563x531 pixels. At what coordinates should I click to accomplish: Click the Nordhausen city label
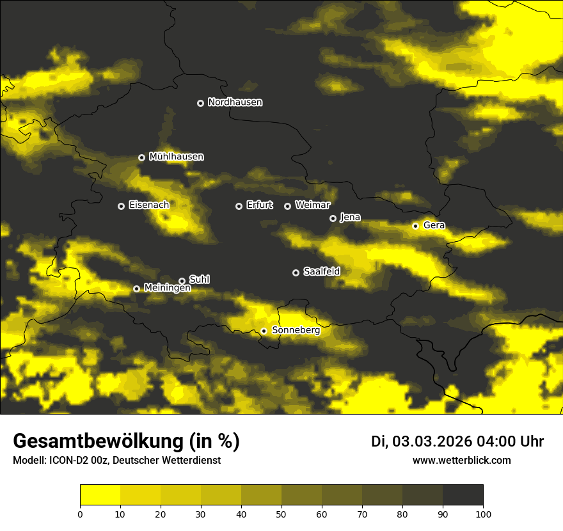pyautogui.click(x=235, y=102)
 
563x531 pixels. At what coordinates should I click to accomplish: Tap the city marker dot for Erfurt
pyautogui.click(x=239, y=206)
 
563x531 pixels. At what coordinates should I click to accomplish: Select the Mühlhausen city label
pyautogui.click(x=176, y=157)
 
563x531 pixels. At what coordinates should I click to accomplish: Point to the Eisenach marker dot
pyautogui.click(x=121, y=206)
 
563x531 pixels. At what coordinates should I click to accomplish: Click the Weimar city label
pyautogui.click(x=312, y=205)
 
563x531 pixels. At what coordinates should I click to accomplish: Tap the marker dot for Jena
pyautogui.click(x=333, y=218)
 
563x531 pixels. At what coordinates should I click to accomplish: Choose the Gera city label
pyautogui.click(x=434, y=225)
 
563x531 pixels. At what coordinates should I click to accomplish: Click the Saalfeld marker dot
pyautogui.click(x=296, y=273)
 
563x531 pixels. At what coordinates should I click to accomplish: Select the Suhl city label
pyautogui.click(x=199, y=280)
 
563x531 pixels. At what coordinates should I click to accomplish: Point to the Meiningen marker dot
pyautogui.click(x=136, y=289)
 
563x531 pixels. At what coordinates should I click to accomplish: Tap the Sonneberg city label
pyautogui.click(x=296, y=330)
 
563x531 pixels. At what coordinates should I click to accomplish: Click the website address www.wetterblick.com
pyautogui.click(x=461, y=460)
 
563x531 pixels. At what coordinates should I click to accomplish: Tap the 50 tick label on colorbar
pyautogui.click(x=281, y=514)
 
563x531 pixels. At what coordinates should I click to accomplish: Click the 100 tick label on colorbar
pyautogui.click(x=483, y=514)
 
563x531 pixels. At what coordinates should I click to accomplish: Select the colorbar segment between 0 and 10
pyautogui.click(x=100, y=495)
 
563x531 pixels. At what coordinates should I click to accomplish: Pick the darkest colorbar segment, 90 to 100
pyautogui.click(x=463, y=495)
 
